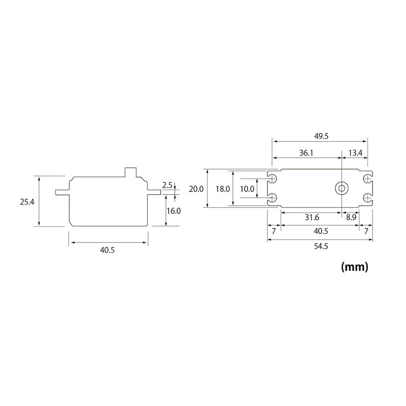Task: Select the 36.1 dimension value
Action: click(306, 152)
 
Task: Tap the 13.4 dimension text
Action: click(355, 152)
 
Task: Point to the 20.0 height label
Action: click(196, 188)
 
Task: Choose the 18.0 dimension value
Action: click(222, 188)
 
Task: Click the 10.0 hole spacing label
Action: click(247, 188)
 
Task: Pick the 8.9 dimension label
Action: click(351, 217)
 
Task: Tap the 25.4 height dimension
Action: click(27, 201)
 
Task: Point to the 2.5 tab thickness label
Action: click(167, 185)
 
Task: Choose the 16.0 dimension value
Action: click(174, 210)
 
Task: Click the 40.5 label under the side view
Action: click(107, 250)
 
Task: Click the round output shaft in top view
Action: click(342, 188)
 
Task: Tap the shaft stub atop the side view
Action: click(131, 172)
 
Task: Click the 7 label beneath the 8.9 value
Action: click(366, 231)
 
